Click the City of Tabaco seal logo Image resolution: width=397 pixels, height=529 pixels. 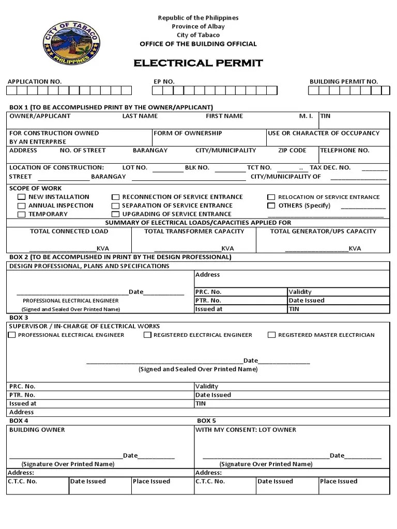tap(71, 42)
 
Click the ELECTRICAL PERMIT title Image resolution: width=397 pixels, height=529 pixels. tap(198, 64)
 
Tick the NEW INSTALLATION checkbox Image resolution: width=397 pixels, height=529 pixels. tap(22, 197)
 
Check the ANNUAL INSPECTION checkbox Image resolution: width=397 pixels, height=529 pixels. tap(22, 206)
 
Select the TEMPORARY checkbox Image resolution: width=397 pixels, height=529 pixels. tap(22, 214)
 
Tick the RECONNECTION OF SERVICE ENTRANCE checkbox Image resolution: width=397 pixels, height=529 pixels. tap(116, 197)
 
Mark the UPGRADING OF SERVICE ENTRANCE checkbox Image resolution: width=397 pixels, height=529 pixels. tap(116, 214)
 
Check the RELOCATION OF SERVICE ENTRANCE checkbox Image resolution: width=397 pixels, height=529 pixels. tap(271, 197)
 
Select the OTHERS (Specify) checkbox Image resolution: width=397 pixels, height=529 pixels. tap(271, 206)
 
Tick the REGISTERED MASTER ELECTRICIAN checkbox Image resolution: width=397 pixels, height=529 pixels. tap(271, 335)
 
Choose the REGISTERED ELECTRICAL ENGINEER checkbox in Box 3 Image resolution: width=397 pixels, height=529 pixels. tap(147, 335)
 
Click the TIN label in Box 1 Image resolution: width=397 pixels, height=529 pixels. tap(325, 116)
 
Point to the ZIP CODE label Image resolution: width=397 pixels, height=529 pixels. tap(292, 150)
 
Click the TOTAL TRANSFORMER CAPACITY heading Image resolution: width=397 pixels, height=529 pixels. tap(194, 231)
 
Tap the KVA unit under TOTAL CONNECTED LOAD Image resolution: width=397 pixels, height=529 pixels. tap(102, 248)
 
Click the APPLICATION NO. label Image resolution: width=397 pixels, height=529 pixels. tap(34, 82)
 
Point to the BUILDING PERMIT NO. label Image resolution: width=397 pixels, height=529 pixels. tap(343, 82)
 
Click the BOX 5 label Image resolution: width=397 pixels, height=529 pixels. tap(206, 421)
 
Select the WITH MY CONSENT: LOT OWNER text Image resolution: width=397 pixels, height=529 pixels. tap(246, 430)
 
